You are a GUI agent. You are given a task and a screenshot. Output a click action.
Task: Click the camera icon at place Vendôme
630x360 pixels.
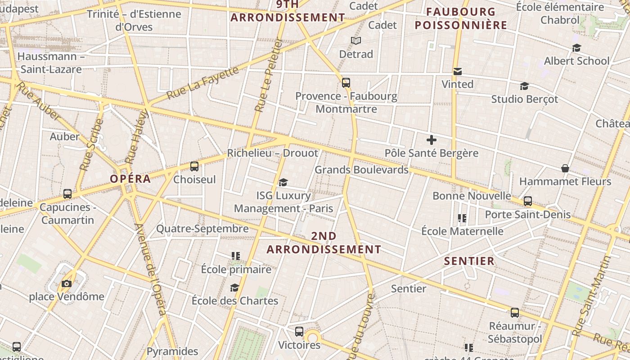click(67, 283)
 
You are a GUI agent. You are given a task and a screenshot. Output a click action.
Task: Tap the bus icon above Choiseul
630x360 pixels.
click(194, 166)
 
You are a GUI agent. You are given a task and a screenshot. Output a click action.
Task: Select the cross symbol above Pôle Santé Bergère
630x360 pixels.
click(432, 140)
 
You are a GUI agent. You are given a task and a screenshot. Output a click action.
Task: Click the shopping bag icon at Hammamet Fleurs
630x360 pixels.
click(565, 168)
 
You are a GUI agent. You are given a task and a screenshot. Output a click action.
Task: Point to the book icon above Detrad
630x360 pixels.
click(356, 41)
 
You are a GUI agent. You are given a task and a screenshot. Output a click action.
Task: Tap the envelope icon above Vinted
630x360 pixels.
click(458, 71)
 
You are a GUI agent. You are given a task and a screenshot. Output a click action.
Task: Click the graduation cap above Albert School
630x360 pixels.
click(576, 48)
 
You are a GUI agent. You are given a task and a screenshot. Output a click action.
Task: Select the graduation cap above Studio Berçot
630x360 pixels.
click(524, 86)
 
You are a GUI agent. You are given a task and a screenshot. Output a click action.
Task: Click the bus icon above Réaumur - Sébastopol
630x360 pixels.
click(515, 313)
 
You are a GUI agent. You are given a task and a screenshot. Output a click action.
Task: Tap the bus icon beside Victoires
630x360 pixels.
click(299, 332)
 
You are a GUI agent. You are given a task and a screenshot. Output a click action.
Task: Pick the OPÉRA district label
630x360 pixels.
click(130, 179)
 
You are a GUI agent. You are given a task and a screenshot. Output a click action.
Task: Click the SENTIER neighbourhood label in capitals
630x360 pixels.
click(469, 261)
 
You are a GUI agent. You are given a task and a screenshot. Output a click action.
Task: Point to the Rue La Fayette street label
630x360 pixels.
click(202, 83)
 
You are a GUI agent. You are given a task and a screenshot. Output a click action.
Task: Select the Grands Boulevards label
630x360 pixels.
click(361, 170)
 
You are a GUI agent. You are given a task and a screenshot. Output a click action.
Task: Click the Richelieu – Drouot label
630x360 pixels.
click(272, 153)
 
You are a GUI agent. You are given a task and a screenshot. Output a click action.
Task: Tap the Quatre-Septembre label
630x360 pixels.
click(202, 229)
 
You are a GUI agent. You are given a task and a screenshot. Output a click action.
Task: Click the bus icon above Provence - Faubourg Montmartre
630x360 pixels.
click(346, 83)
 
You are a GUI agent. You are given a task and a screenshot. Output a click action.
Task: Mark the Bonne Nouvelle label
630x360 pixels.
click(472, 196)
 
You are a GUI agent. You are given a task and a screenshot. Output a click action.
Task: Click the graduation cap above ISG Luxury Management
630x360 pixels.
click(283, 182)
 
